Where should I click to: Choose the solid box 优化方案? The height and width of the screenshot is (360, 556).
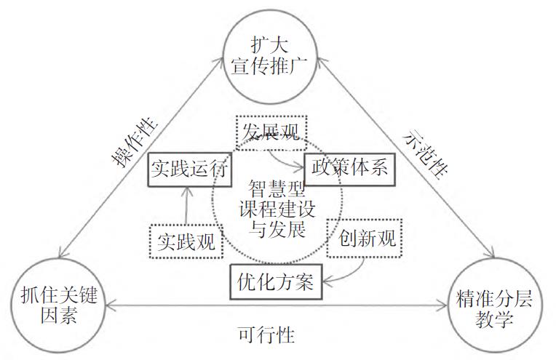point(275,281)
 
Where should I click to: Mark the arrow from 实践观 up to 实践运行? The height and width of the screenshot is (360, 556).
point(186,206)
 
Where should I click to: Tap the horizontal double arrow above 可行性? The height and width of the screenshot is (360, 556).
point(277,308)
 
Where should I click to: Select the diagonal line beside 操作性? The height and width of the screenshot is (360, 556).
point(146,160)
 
